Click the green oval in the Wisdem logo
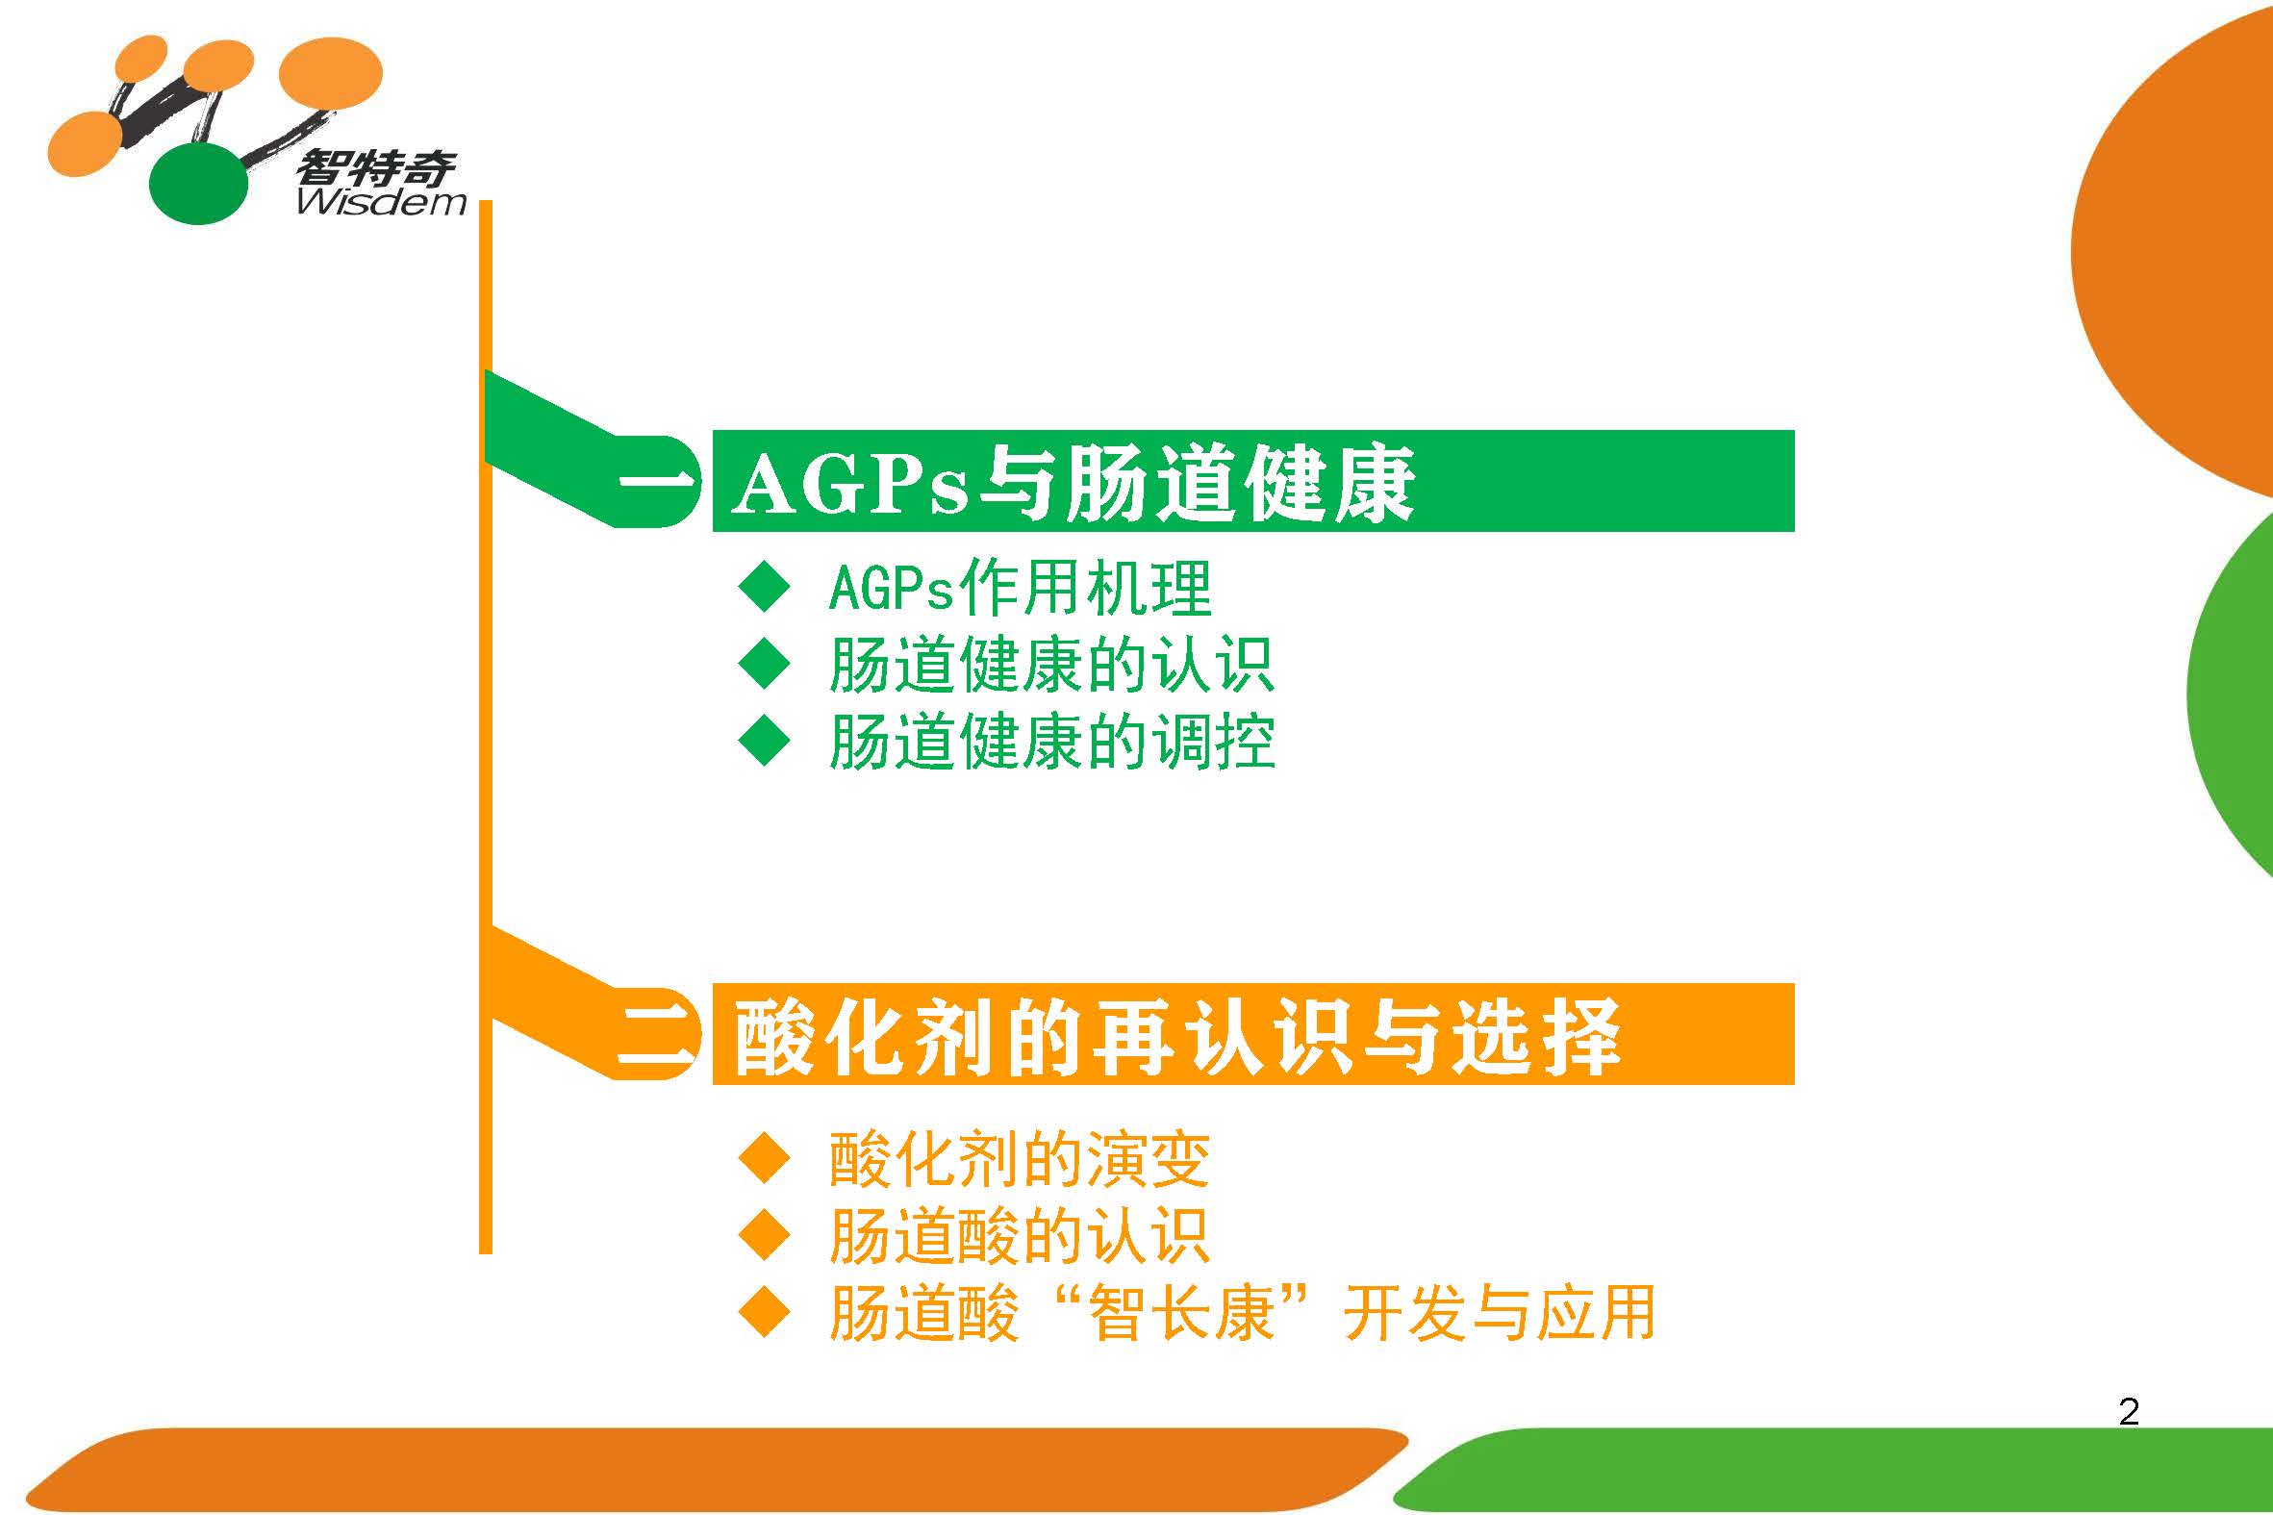pyautogui.click(x=197, y=183)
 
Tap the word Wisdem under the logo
pyautogui.click(x=382, y=202)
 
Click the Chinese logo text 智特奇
pyautogui.click(x=376, y=168)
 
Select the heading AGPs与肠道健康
pyautogui.click(x=1073, y=483)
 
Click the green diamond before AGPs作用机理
pyautogui.click(x=764, y=587)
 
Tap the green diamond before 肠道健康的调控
pyautogui.click(x=764, y=741)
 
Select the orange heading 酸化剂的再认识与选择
pyautogui.click(x=1176, y=1038)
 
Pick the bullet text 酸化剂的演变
pyautogui.click(x=1019, y=1159)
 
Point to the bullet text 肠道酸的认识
pyautogui.click(x=1019, y=1237)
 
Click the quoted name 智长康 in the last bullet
pyautogui.click(x=1180, y=1314)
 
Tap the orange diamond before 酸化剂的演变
pyautogui.click(x=764, y=1158)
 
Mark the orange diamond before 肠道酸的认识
pyautogui.click(x=764, y=1236)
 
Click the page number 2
pyautogui.click(x=2129, y=1413)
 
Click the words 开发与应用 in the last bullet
pyautogui.click(x=1501, y=1314)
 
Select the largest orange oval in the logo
pyautogui.click(x=330, y=74)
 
